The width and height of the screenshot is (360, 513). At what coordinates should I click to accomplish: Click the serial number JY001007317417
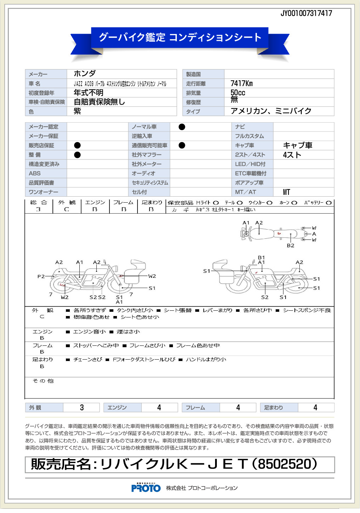click(306, 13)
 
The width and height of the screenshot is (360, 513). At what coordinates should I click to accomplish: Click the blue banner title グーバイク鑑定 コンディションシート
click(180, 37)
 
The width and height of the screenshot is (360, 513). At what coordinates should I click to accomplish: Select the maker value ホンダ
click(85, 74)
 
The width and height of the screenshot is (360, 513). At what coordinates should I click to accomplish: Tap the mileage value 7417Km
click(242, 84)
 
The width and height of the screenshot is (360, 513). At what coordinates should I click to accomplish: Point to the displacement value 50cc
click(238, 92)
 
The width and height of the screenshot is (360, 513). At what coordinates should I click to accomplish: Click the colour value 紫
click(77, 111)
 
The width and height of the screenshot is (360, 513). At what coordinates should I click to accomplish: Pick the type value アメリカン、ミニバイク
click(271, 111)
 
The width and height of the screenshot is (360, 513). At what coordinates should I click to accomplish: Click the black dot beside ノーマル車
click(182, 127)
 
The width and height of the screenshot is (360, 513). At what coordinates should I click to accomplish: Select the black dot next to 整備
click(77, 155)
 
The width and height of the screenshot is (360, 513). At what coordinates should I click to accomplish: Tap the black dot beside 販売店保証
click(77, 145)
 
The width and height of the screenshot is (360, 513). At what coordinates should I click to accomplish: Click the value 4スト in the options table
click(292, 155)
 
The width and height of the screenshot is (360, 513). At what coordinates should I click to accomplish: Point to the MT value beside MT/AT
click(287, 192)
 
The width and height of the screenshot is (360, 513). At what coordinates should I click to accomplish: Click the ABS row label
click(35, 174)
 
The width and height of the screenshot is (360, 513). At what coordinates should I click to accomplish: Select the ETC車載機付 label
click(251, 174)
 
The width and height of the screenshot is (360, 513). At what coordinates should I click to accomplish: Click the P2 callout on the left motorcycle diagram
click(41, 276)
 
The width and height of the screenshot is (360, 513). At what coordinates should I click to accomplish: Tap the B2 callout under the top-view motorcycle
click(291, 246)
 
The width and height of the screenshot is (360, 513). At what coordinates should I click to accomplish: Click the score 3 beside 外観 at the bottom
click(82, 408)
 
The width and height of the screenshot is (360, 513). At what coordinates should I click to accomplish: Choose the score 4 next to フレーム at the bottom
click(238, 408)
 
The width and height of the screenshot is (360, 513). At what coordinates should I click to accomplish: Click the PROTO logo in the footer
click(146, 488)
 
